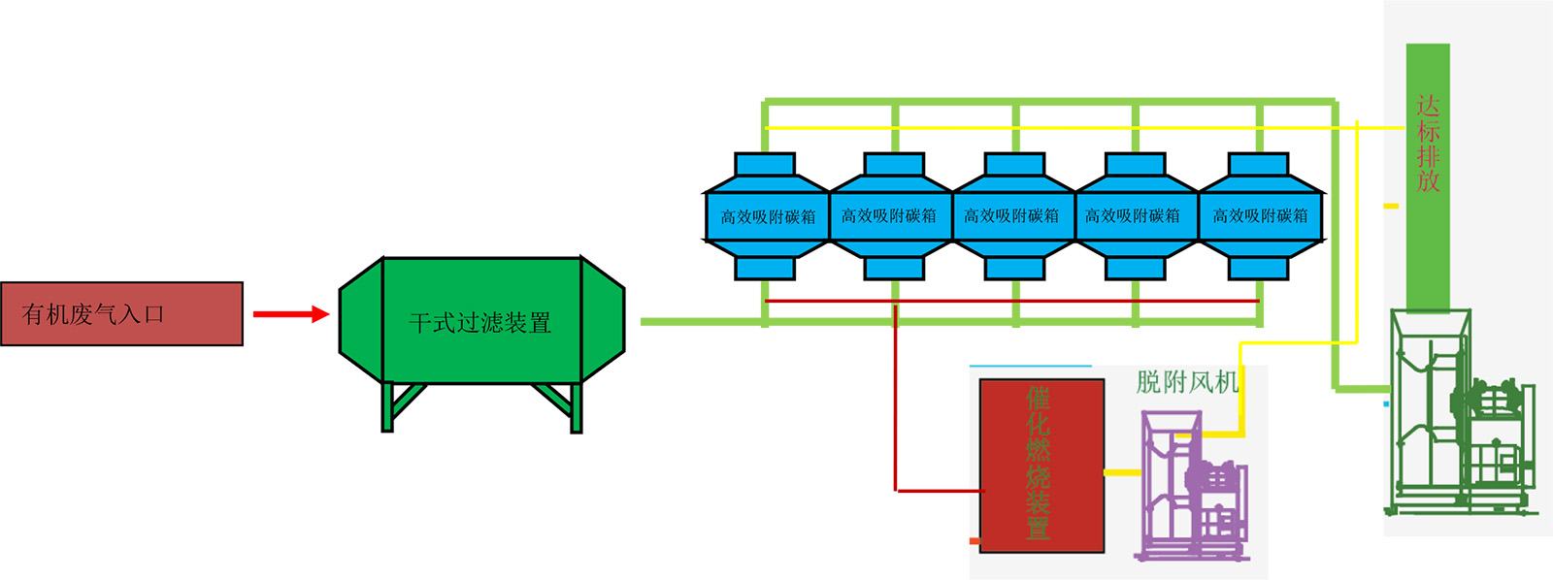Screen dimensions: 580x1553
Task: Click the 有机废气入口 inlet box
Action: (x=121, y=313)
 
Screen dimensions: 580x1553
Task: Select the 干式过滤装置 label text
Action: (x=480, y=323)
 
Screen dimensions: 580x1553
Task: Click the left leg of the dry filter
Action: (x=388, y=407)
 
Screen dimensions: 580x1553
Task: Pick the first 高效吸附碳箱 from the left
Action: (x=767, y=216)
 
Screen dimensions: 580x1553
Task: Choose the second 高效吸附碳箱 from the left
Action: (x=889, y=216)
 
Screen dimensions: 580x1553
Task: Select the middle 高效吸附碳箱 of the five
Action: (x=1011, y=216)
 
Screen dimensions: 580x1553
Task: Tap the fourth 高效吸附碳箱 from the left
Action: (x=1133, y=216)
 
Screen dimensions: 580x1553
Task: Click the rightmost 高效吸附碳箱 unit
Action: (x=1260, y=216)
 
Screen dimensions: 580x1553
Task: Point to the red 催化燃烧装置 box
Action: (x=1041, y=466)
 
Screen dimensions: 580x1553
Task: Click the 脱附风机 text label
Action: (x=1187, y=382)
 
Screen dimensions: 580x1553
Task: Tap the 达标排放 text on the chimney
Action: (x=1428, y=143)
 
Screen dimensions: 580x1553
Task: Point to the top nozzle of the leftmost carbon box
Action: (x=765, y=164)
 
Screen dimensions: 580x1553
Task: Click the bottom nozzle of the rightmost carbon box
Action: (x=1258, y=268)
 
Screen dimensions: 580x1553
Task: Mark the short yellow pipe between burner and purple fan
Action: (x=1122, y=472)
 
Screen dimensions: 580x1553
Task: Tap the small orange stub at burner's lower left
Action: (x=975, y=540)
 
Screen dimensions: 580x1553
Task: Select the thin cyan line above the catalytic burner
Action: (x=1030, y=366)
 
